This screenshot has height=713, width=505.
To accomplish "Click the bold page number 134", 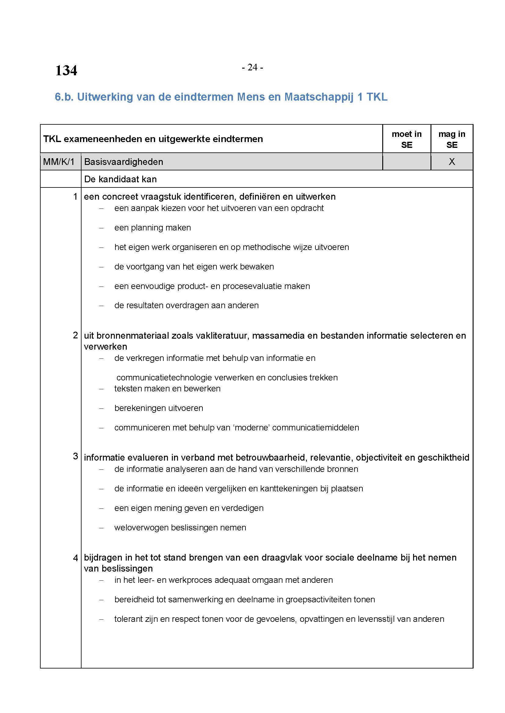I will (x=66, y=70).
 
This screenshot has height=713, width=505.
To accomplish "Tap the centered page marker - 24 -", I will (x=252, y=67).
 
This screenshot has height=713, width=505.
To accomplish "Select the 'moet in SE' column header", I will (x=406, y=139).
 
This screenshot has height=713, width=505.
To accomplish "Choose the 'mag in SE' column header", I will (x=452, y=139).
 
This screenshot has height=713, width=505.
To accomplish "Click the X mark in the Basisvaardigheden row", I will (x=452, y=162).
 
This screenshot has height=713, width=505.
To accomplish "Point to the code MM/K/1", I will (x=59, y=162).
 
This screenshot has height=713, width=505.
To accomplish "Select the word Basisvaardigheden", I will (x=123, y=162).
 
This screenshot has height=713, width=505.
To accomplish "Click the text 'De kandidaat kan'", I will (x=120, y=179).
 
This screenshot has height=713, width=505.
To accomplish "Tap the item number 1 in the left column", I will (x=75, y=197).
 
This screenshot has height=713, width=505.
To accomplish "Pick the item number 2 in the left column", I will (x=75, y=335).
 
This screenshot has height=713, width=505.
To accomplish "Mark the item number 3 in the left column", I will (x=75, y=456).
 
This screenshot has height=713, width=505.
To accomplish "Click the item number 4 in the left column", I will (x=75, y=558).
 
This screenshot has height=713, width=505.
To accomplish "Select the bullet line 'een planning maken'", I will (x=152, y=228).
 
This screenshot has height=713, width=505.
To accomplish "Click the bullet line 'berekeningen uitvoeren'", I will (x=158, y=408).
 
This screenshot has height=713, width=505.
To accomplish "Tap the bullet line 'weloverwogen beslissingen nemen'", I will (x=180, y=528).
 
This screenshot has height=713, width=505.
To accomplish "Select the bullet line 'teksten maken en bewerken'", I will (x=167, y=388).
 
